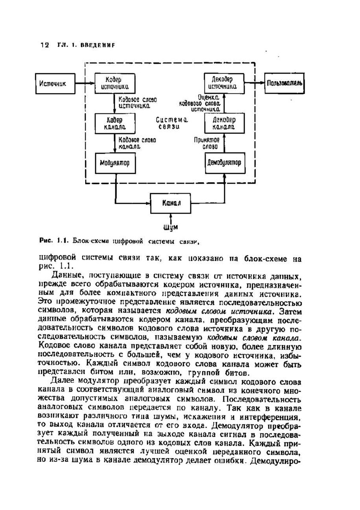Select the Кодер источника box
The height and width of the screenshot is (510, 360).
(x=115, y=83)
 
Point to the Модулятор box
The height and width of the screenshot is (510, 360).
(x=115, y=163)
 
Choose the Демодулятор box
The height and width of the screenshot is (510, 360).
(x=224, y=163)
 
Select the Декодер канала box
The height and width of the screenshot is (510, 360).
(x=224, y=123)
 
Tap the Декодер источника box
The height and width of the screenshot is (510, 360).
(x=224, y=83)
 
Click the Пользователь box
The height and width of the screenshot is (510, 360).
(x=285, y=83)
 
